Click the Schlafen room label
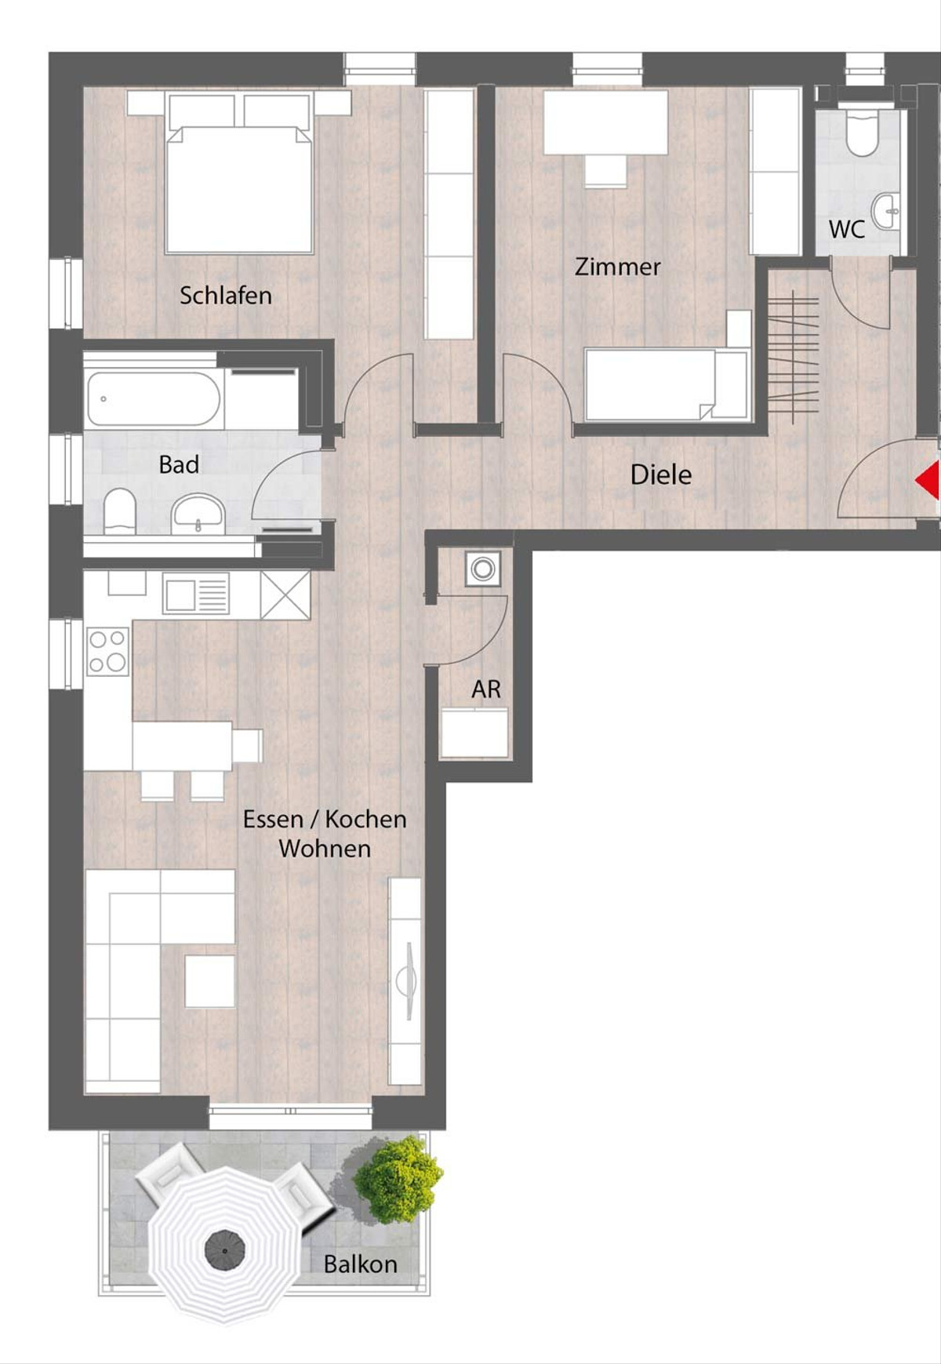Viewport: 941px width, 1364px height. (x=225, y=296)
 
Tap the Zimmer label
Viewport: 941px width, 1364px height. (x=618, y=267)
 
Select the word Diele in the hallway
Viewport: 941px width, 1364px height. (x=661, y=475)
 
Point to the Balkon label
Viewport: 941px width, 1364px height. (x=360, y=1264)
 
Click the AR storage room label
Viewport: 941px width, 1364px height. (x=486, y=689)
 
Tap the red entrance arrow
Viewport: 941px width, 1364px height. (x=928, y=480)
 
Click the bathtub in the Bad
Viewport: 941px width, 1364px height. (x=154, y=398)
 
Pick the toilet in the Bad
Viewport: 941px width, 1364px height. (x=120, y=511)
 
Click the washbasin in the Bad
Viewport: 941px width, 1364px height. (x=198, y=514)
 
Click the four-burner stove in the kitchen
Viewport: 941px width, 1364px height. (x=107, y=651)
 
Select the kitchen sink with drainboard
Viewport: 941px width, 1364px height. (x=196, y=594)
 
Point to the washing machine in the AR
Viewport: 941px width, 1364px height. (x=483, y=568)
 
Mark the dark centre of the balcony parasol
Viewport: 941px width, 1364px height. (x=225, y=1248)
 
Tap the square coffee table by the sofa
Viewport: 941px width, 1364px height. (x=210, y=980)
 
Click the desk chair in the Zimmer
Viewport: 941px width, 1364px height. (x=605, y=171)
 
